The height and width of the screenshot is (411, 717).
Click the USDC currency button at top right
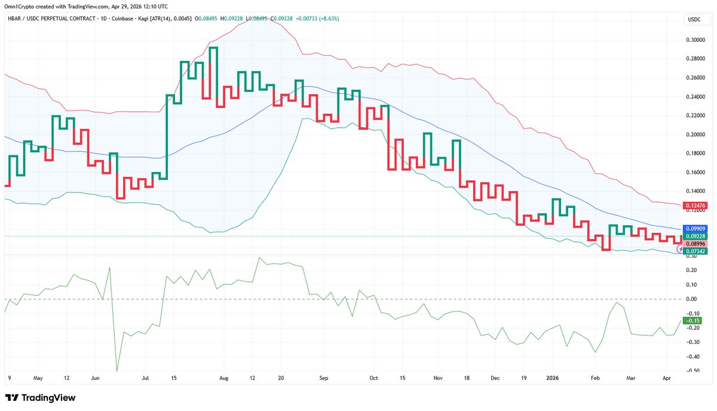[x=694, y=20]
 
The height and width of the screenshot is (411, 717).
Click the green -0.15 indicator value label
[x=693, y=321]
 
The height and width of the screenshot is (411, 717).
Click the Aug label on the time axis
[x=224, y=378]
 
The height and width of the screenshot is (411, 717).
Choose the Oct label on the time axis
[x=374, y=378]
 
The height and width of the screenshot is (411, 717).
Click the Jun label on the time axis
[x=95, y=378]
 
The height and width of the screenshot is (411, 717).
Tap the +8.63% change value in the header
[x=328, y=19]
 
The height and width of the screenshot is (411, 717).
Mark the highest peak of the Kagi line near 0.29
[x=213, y=48]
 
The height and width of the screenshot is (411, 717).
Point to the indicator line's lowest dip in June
[x=117, y=370]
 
